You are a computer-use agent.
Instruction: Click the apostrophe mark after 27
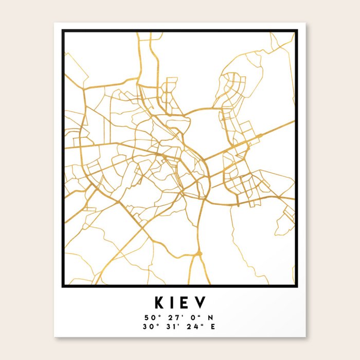pyautogui.click(x=176, y=314)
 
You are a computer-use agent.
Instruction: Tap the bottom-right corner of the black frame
pyautogui.click(x=297, y=284)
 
